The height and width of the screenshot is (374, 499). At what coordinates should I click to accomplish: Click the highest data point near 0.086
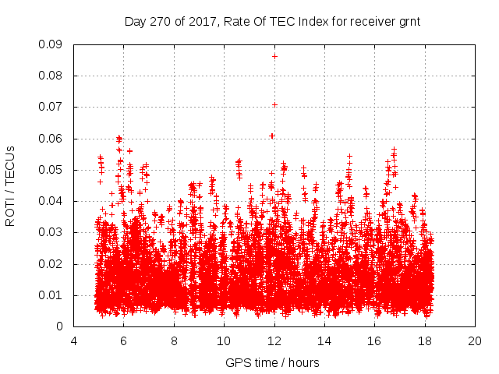274,56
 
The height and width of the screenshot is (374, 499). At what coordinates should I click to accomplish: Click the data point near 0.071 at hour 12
274,104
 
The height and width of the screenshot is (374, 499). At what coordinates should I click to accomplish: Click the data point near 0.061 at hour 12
272,136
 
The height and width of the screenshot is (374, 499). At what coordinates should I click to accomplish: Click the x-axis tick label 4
73,341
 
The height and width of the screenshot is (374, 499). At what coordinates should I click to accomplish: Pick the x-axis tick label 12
274,341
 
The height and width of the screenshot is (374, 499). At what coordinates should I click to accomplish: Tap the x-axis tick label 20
475,341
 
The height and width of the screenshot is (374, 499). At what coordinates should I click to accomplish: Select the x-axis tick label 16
374,341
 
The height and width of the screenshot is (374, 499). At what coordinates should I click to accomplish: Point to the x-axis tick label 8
174,341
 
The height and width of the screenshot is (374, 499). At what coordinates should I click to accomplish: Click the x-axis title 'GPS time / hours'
272,363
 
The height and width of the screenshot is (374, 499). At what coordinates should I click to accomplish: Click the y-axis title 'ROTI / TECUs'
10,186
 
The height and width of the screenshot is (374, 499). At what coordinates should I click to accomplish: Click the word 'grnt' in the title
409,22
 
